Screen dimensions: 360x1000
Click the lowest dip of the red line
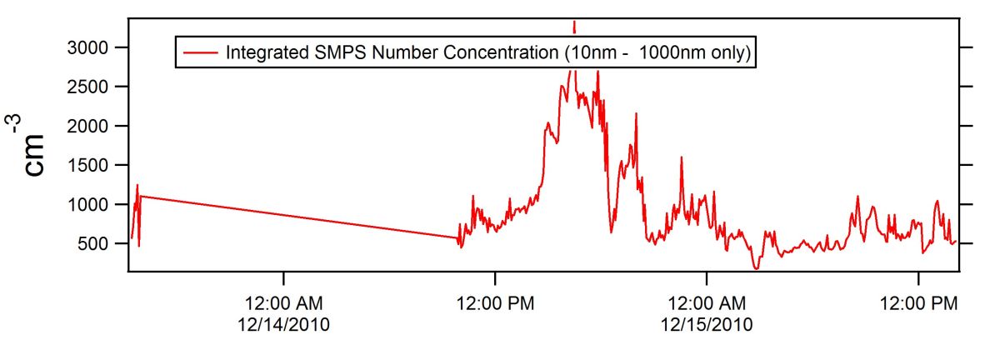(756, 268)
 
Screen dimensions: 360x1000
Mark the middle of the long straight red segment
(299, 217)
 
